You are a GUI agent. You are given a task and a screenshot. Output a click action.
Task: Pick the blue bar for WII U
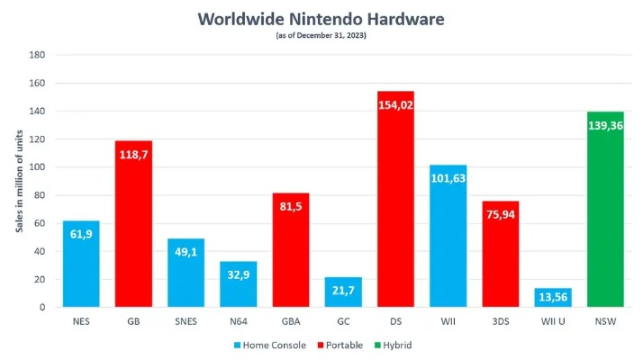point(552,298)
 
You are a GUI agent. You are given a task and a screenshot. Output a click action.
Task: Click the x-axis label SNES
point(186,319)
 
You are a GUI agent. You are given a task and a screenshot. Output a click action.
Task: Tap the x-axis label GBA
point(290,319)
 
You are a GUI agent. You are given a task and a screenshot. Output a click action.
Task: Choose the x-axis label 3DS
point(500,319)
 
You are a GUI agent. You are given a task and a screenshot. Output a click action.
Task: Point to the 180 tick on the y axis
point(39,55)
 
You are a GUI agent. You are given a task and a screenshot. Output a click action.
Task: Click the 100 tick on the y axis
point(39,167)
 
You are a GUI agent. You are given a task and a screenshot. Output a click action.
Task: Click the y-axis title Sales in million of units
point(17,181)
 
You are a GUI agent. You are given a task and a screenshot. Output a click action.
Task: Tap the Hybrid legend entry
point(400,345)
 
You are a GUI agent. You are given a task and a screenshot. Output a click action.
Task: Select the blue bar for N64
point(238,286)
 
